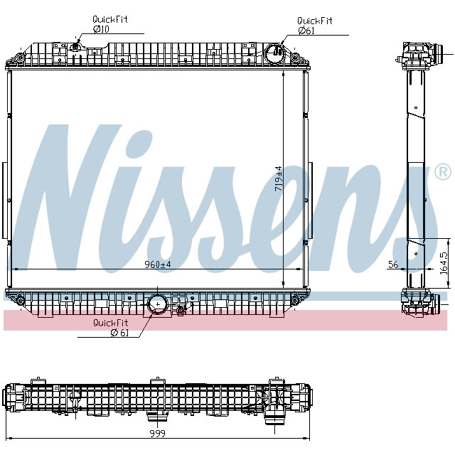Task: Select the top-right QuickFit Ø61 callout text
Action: [314, 26]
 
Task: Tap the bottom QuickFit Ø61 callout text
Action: [110, 328]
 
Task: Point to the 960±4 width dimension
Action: [158, 264]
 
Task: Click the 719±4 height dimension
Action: [279, 178]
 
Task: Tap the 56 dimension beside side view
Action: [393, 264]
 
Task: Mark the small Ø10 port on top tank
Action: [76, 48]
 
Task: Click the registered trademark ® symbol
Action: [441, 172]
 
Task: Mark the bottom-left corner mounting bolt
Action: [20, 301]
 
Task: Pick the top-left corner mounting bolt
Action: [19, 56]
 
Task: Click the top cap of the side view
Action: [417, 53]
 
